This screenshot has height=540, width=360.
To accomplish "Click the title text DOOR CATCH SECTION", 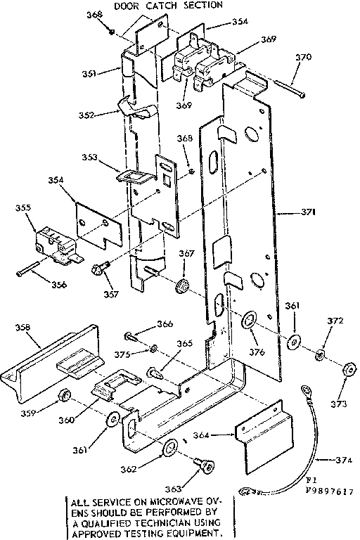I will pyautogui.click(x=168, y=5).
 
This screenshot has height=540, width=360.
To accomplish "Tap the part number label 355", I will pyautogui.click(x=23, y=209).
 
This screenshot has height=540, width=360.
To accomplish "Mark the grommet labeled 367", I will pyautogui.click(x=184, y=285).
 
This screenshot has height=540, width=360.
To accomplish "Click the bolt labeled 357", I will pyautogui.click(x=99, y=269).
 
